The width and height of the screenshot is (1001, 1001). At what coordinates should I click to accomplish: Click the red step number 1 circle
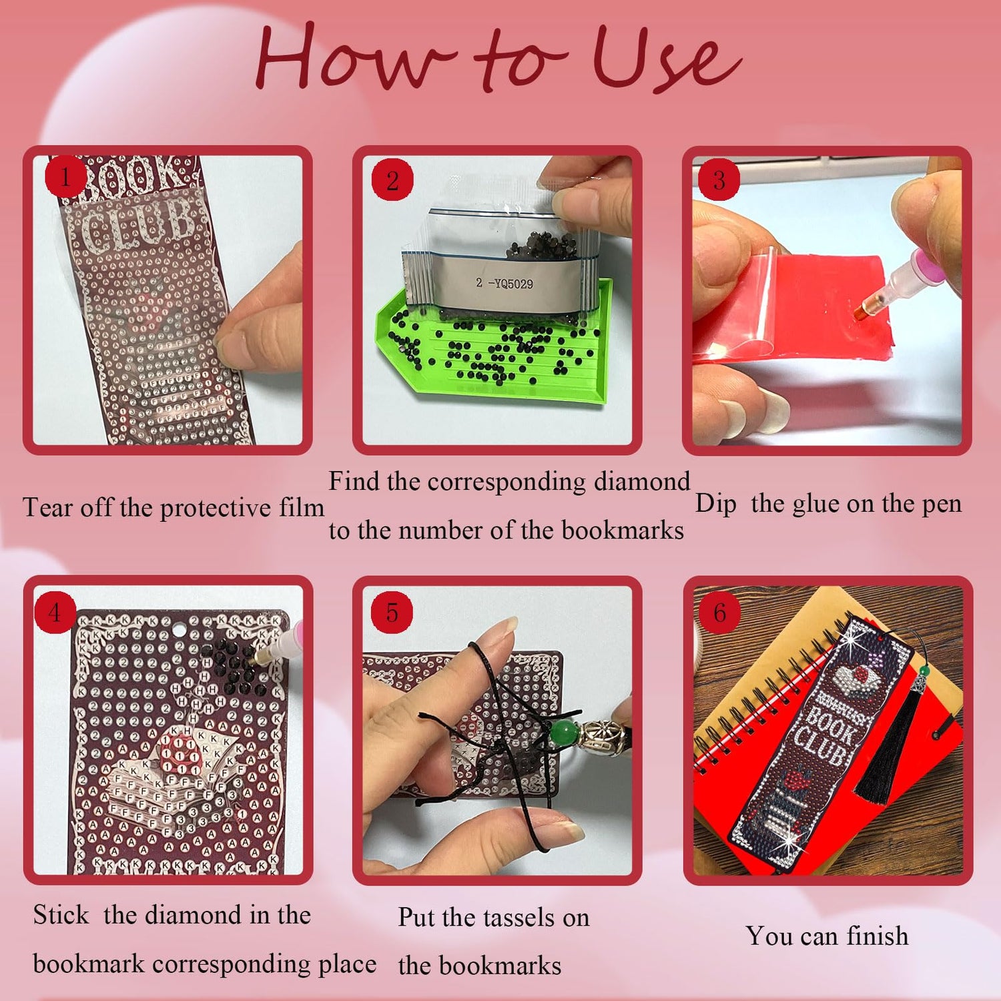65,178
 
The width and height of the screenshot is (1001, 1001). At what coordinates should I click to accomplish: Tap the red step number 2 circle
393,180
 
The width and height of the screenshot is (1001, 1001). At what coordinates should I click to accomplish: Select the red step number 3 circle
719,180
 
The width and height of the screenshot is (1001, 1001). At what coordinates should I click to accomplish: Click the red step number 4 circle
55,612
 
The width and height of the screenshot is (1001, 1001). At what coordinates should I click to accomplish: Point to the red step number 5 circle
392,612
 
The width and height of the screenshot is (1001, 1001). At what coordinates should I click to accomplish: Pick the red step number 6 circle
719,612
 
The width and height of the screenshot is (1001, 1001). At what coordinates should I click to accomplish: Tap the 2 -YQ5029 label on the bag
505,284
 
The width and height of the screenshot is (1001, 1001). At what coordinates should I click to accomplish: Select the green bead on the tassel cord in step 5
566,732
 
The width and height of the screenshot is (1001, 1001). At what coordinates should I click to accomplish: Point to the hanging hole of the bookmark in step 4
180,629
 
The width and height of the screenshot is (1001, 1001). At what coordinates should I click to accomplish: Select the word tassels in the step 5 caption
511,918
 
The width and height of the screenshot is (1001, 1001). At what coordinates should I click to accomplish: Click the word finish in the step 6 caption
877,936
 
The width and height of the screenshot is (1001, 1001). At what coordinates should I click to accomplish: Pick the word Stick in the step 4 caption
61,914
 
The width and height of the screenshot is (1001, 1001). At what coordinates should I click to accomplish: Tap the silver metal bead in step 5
601,736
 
